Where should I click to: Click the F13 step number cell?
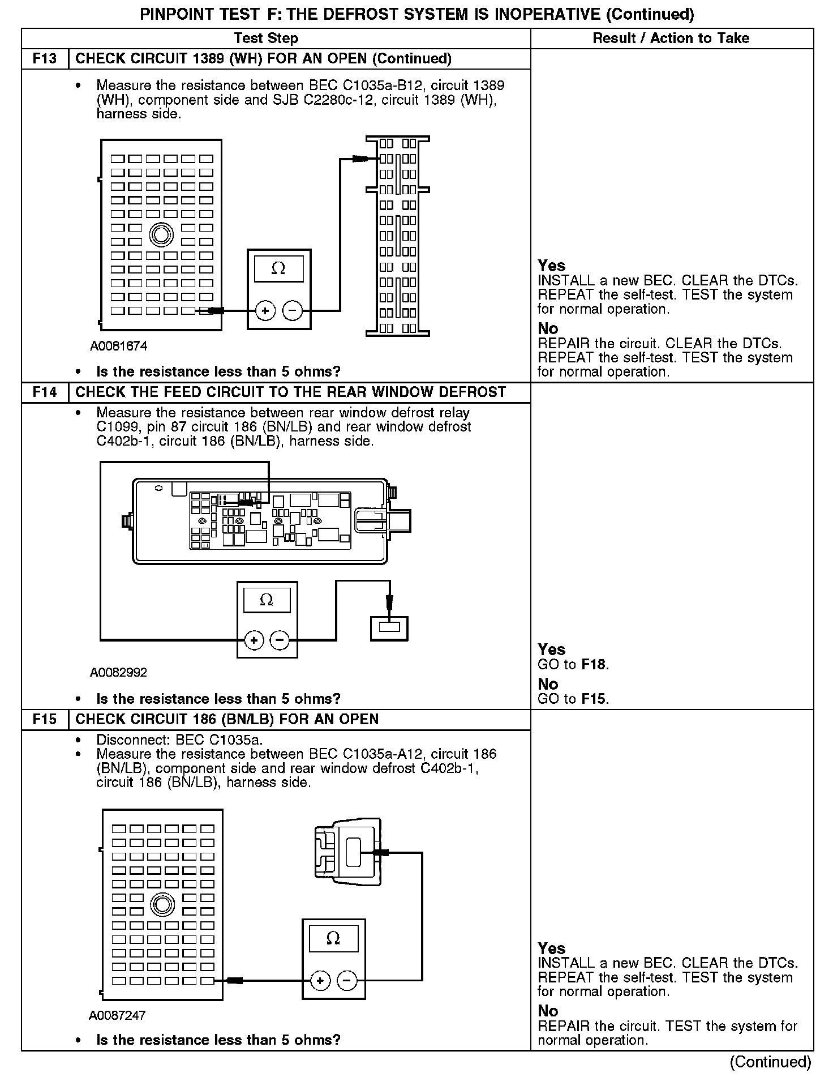(x=45, y=59)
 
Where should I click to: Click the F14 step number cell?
(x=45, y=392)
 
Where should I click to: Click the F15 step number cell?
(x=45, y=719)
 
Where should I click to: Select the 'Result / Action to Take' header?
(x=671, y=38)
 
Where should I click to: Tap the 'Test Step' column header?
(x=266, y=38)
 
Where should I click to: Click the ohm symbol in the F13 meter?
(x=278, y=268)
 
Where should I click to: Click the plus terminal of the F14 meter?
(x=254, y=640)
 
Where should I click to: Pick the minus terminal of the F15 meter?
(x=347, y=981)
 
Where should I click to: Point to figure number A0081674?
(x=118, y=346)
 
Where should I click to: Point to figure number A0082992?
(x=118, y=673)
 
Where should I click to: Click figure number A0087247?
(x=117, y=1015)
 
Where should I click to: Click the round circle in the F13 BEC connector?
(x=161, y=234)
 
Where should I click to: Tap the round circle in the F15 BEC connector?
(x=162, y=904)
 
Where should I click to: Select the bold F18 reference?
(x=594, y=664)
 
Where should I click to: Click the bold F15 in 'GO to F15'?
(x=594, y=699)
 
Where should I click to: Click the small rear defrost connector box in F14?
(x=389, y=628)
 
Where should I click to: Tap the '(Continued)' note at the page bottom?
(x=770, y=1062)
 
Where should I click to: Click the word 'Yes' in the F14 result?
(x=551, y=649)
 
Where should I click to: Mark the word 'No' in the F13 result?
(x=548, y=328)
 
